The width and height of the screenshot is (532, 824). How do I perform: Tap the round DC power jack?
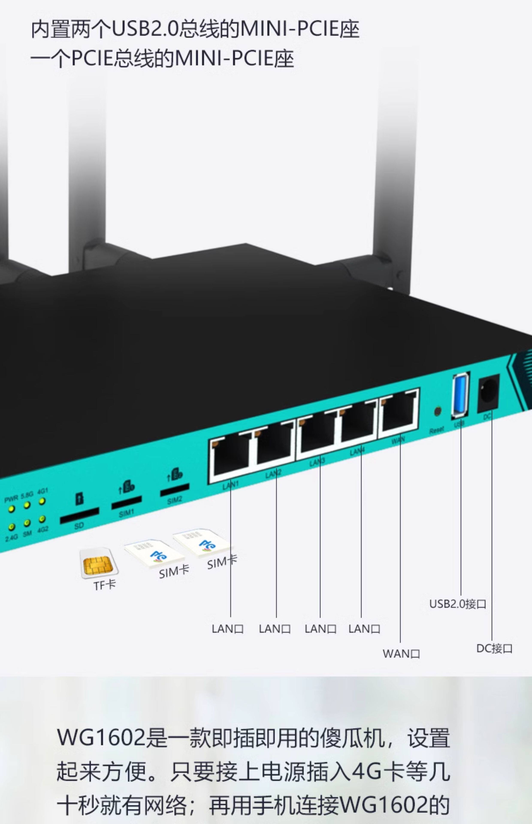(x=488, y=394)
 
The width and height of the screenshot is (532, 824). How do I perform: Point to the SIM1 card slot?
(x=126, y=502)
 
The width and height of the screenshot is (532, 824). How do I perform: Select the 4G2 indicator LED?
(x=42, y=519)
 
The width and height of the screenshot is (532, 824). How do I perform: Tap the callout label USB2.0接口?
(x=458, y=604)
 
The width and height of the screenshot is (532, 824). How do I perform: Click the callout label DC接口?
(x=494, y=648)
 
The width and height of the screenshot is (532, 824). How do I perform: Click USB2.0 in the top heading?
(x=145, y=30)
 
